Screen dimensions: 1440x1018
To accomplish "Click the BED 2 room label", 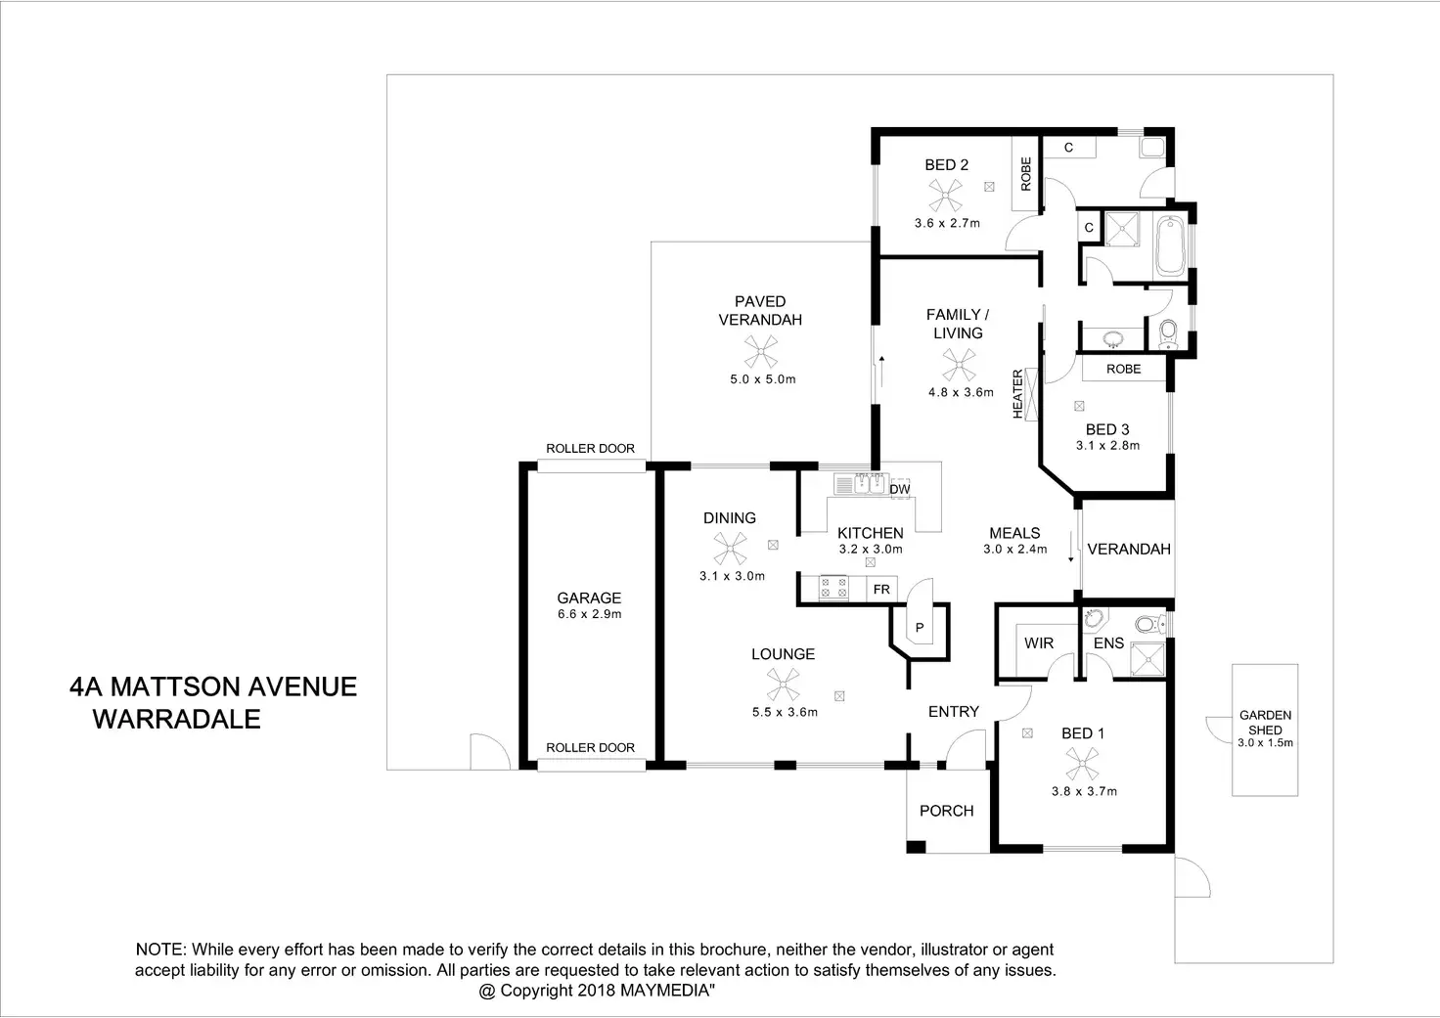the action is (946, 165).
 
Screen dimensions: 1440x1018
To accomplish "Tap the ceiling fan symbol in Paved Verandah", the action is (759, 351).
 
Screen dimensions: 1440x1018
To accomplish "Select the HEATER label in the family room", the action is (1017, 394).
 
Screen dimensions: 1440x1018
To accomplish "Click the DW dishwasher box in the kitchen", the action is (900, 488).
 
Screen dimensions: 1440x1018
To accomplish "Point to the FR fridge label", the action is (881, 590).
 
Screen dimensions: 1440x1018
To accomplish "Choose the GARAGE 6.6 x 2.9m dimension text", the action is (589, 614).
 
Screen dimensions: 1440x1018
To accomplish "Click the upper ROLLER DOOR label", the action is (590, 449).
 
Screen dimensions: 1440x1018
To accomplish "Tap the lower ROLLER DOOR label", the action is (590, 748).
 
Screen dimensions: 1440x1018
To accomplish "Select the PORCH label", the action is (946, 811).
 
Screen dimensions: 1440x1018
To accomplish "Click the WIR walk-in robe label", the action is (1038, 642).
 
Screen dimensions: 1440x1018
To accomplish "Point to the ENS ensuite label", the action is (1108, 643).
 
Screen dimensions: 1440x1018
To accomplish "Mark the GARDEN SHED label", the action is (1265, 723).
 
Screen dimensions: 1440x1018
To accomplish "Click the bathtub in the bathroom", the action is (1169, 246).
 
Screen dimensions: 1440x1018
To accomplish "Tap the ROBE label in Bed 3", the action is (1123, 369).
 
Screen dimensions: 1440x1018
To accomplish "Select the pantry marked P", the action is (920, 627).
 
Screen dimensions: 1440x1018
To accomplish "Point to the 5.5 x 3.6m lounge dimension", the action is (785, 712).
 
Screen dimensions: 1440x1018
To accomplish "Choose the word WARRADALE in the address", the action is (176, 720).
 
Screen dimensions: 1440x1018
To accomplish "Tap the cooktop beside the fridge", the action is (834, 588).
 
